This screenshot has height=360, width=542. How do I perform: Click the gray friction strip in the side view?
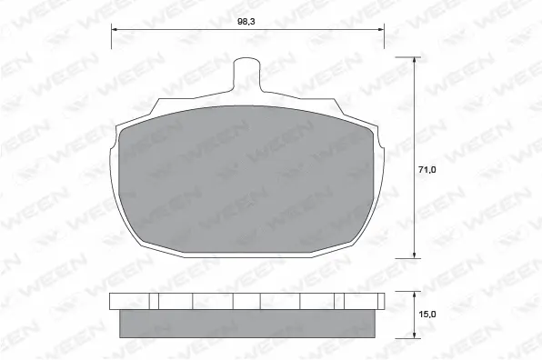247,323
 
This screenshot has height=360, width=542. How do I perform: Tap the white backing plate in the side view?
247,302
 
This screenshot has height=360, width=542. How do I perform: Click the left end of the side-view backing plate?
111,302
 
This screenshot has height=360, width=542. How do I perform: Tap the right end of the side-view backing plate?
384,302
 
